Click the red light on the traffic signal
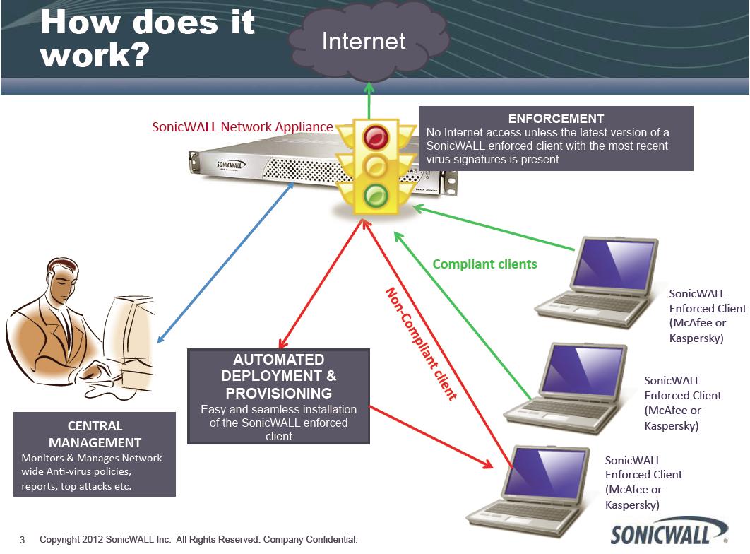click(x=376, y=136)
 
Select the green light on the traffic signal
click(x=376, y=194)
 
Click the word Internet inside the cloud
click(x=364, y=41)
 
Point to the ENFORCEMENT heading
click(x=556, y=119)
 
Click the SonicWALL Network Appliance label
click(x=242, y=127)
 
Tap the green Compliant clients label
click(x=484, y=264)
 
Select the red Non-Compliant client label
click(x=420, y=343)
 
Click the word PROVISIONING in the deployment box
click(x=278, y=393)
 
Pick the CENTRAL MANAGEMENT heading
click(x=95, y=435)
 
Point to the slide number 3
click(x=22, y=541)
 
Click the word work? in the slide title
click(x=94, y=54)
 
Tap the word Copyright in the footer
click(x=60, y=540)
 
